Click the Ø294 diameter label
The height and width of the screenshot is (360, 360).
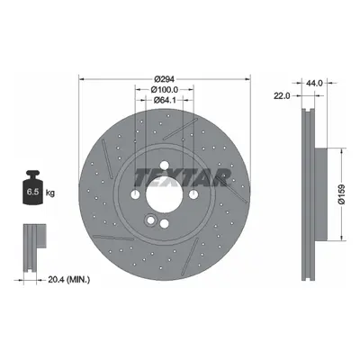click(x=164, y=79)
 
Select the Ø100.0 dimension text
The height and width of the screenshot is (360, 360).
click(x=165, y=89)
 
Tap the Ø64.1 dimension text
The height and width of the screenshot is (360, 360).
click(x=165, y=100)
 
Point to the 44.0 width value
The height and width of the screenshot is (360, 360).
click(x=315, y=83)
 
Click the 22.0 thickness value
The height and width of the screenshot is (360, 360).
click(x=282, y=95)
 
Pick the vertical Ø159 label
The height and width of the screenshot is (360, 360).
click(x=342, y=194)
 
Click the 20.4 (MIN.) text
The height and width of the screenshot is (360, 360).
click(x=69, y=280)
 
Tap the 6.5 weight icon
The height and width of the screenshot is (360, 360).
click(x=32, y=187)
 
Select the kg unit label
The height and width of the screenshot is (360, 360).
click(x=50, y=193)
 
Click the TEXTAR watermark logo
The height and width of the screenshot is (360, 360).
click(x=183, y=177)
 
